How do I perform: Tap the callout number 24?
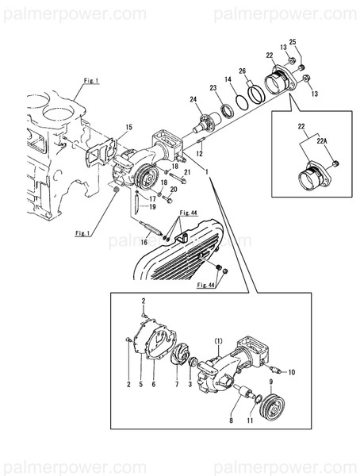pos(191,99)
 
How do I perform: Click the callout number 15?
pos(128,127)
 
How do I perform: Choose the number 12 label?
pos(201,152)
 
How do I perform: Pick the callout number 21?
pos(187,172)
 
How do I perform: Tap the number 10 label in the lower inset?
pos(291,371)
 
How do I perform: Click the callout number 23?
pos(213,87)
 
